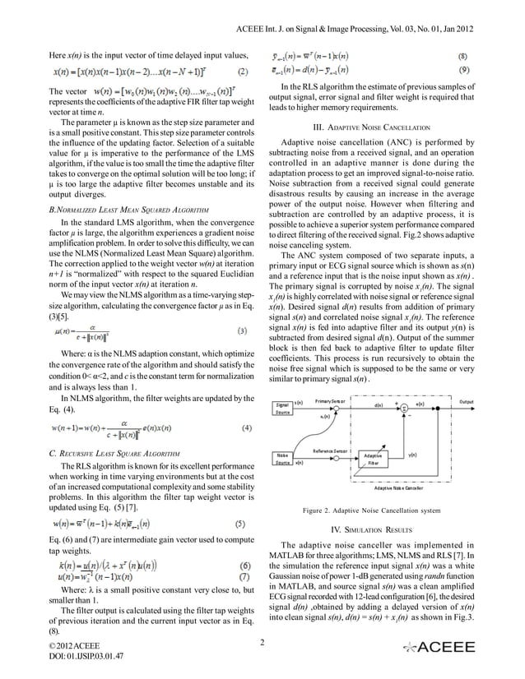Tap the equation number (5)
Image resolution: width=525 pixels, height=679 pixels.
tap(245, 523)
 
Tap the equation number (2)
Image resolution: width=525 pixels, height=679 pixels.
tap(245, 71)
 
